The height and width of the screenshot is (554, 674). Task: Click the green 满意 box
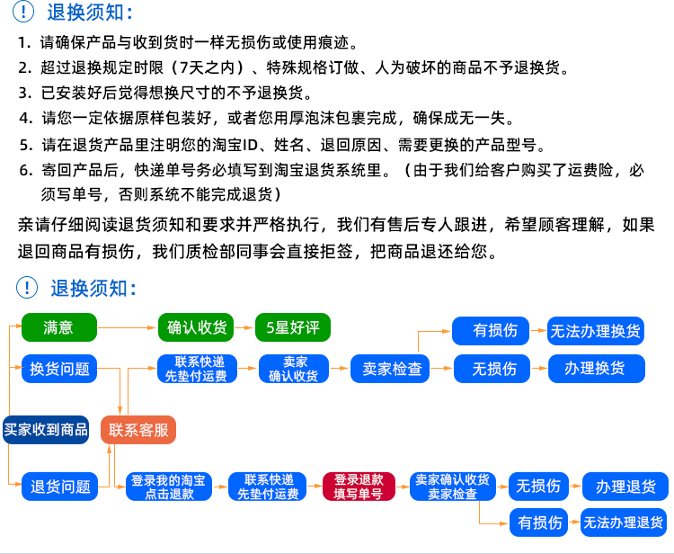pyautogui.click(x=58, y=327)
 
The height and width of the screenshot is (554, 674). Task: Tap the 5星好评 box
pyautogui.click(x=293, y=327)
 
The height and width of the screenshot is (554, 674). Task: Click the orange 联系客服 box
pyautogui.click(x=138, y=430)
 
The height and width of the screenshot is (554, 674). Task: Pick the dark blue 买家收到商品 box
pyautogui.click(x=46, y=430)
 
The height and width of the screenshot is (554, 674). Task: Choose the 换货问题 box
pyautogui.click(x=59, y=369)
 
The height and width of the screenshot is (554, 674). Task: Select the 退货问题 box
pyautogui.click(x=59, y=487)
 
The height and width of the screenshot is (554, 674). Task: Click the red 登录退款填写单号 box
pyautogui.click(x=359, y=487)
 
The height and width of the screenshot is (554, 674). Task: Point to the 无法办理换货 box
pyautogui.click(x=596, y=330)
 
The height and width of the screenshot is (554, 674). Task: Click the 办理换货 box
pyautogui.click(x=594, y=368)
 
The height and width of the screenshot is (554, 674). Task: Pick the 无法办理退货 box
pyautogui.click(x=624, y=522)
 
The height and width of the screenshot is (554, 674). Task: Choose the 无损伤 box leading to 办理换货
pyautogui.click(x=494, y=368)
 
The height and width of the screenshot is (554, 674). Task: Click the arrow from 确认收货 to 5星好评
pyautogui.click(x=244, y=327)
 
